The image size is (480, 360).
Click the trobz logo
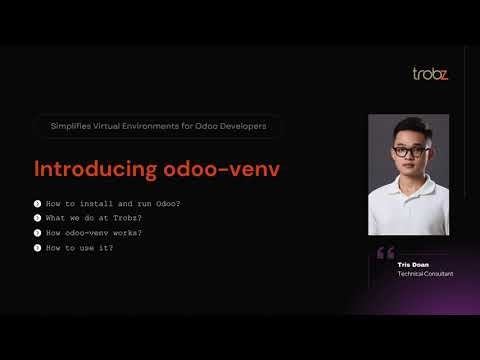point(430,74)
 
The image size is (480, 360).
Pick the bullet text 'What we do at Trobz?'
point(94,218)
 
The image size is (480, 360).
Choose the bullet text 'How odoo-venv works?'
point(94,233)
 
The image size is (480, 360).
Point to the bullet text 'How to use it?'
point(80,247)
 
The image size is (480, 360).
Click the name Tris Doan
point(411,264)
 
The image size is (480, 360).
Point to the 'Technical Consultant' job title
point(424,273)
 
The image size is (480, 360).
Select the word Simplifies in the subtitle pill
point(71,127)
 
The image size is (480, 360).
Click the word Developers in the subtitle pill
point(247,127)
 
